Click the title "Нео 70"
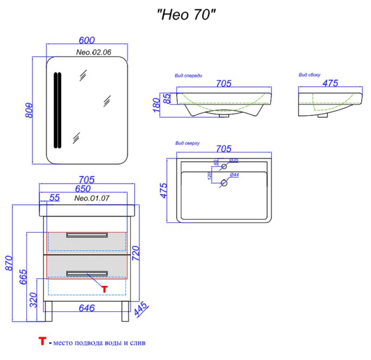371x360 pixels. coord(187,15)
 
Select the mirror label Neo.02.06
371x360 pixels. coord(93,52)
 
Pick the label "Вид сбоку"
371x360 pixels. coord(309,75)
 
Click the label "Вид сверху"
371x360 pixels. coord(187,144)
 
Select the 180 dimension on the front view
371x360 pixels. coord(157,105)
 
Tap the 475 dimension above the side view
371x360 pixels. coord(330,83)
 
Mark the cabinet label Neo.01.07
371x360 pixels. coord(92,198)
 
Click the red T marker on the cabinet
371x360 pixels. coord(104,289)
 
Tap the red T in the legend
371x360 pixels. coord(43,342)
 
